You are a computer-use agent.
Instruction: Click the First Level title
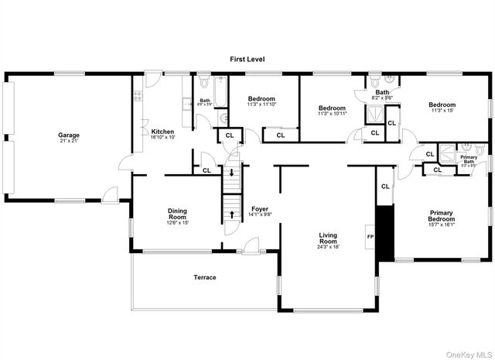click(x=247, y=59)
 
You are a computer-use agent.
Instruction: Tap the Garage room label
click(x=70, y=135)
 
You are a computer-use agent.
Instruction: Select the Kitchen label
click(x=162, y=131)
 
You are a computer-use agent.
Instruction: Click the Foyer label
click(x=260, y=209)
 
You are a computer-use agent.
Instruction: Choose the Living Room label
click(x=329, y=238)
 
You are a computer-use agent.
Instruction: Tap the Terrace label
click(x=204, y=277)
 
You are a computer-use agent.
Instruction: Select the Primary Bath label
click(x=469, y=159)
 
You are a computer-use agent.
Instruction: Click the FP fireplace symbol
click(x=370, y=237)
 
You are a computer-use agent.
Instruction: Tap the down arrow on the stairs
click(x=230, y=172)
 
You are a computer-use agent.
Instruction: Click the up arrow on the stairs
click(x=230, y=212)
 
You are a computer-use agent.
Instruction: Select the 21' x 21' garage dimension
click(x=70, y=141)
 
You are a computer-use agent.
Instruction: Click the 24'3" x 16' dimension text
click(x=329, y=247)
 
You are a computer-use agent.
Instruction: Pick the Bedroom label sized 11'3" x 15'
click(x=442, y=105)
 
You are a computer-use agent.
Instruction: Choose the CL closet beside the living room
click(x=384, y=186)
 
